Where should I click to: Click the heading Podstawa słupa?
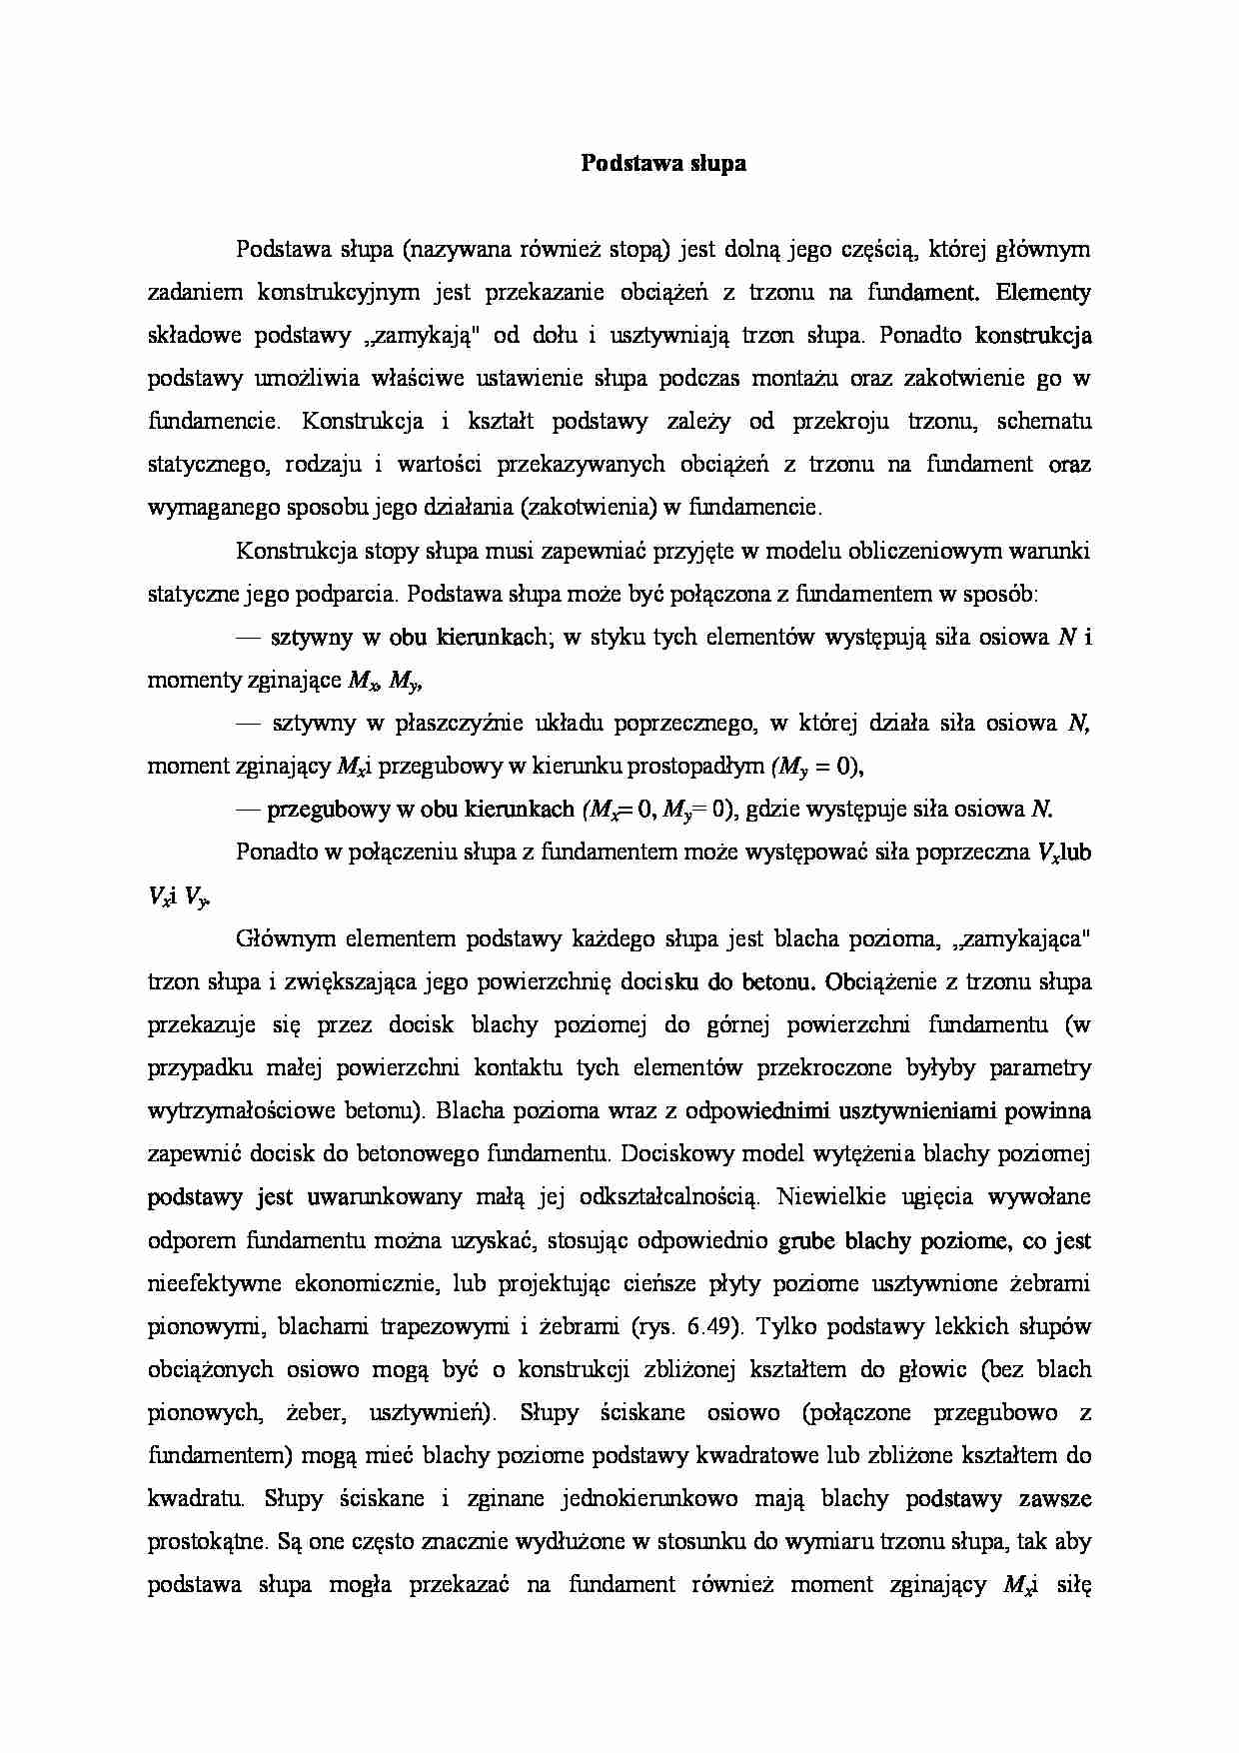[x=663, y=163]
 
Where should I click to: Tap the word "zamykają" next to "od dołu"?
[x=417, y=335]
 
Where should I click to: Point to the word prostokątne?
[x=206, y=1541]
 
